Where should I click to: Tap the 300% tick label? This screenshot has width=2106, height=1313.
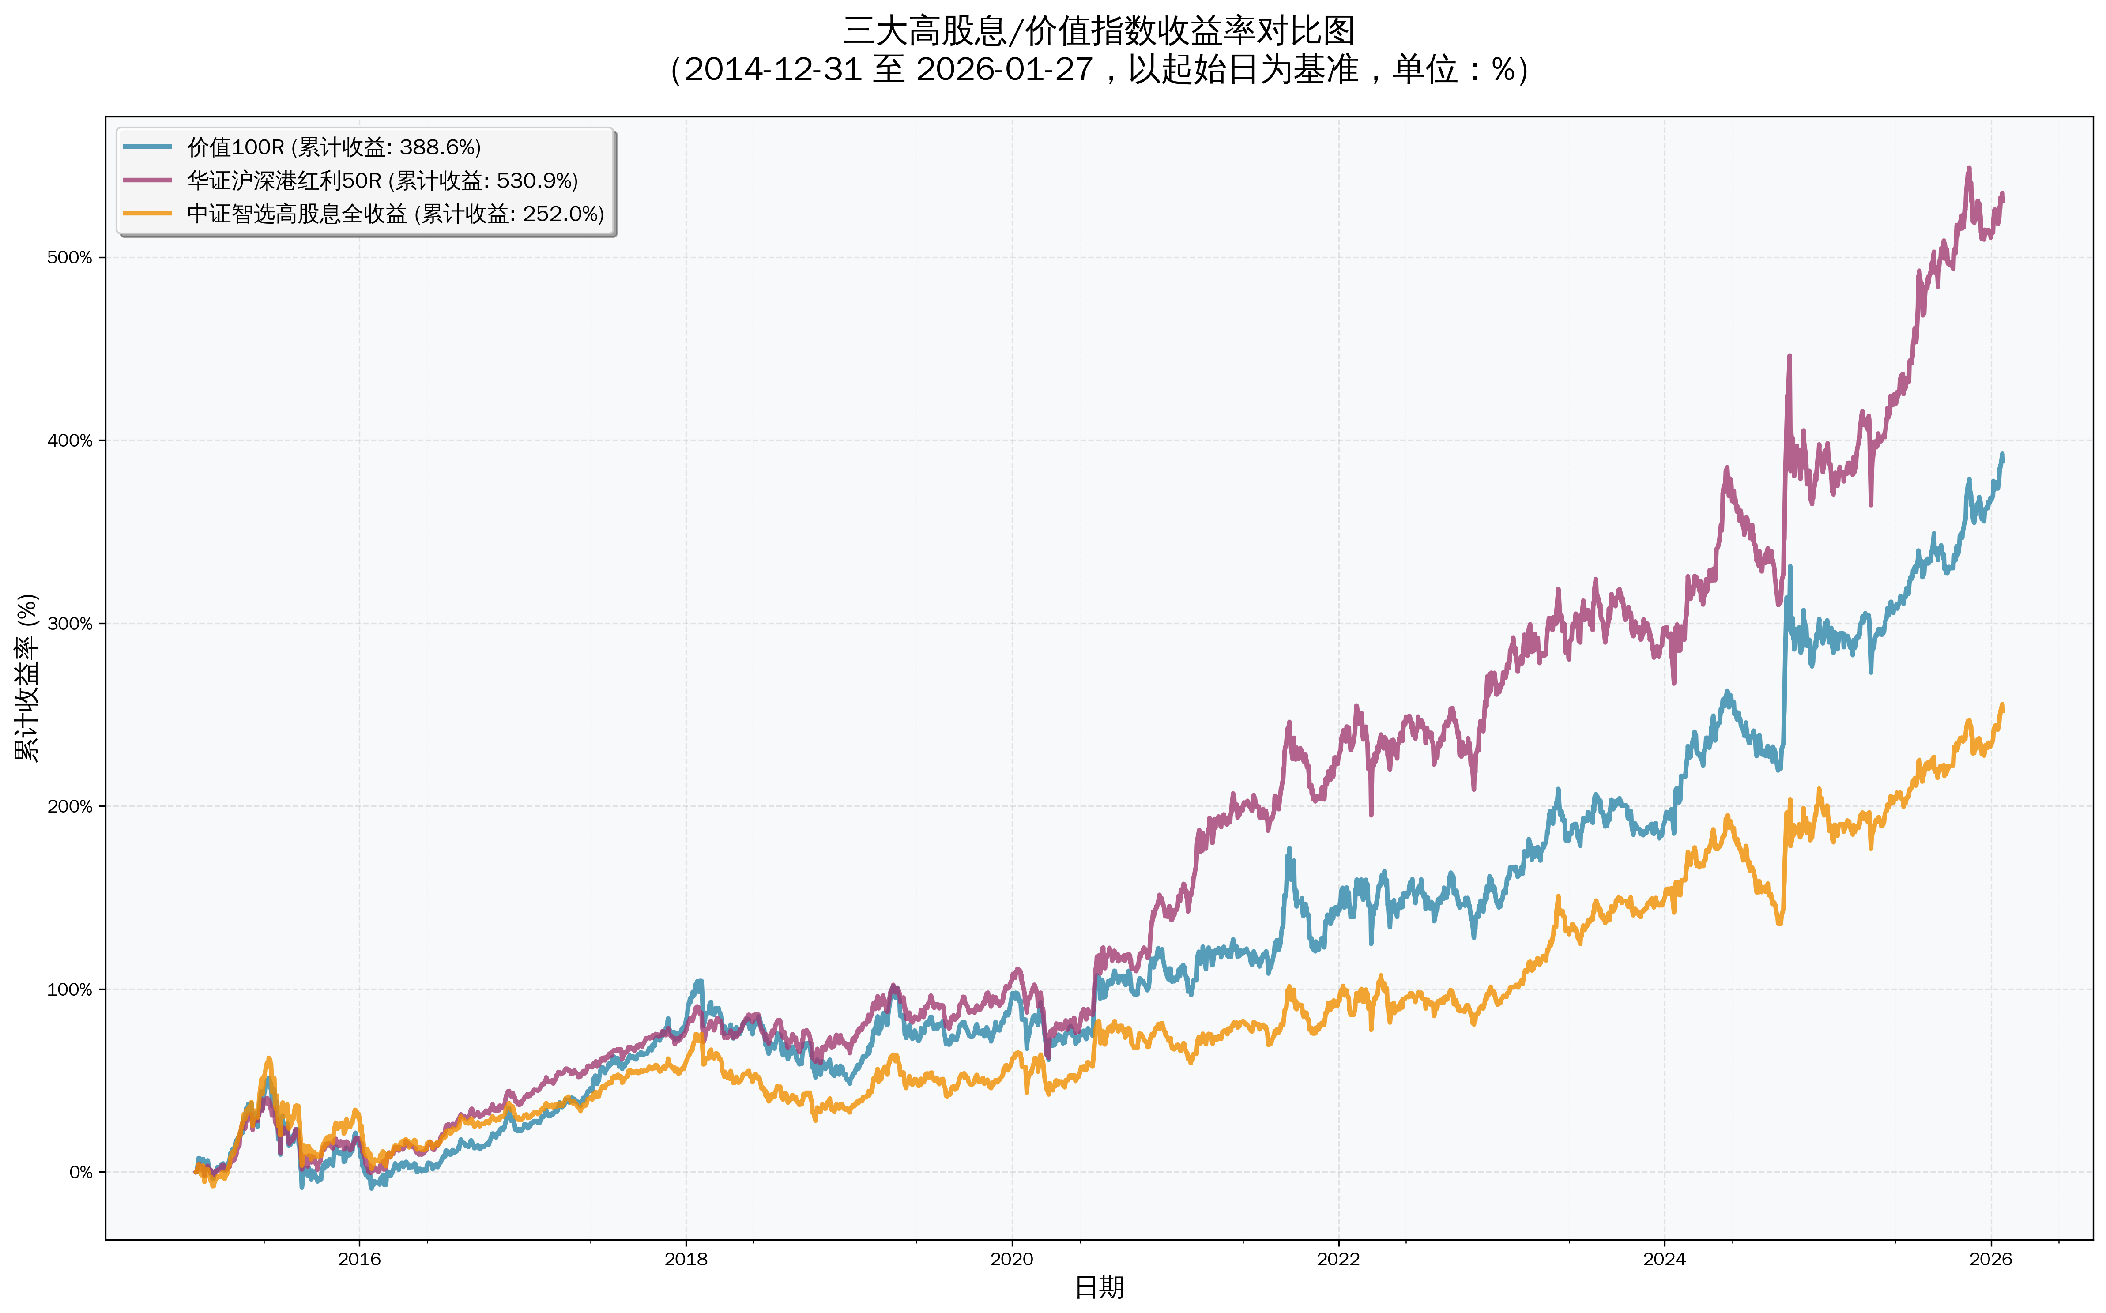pyautogui.click(x=69, y=624)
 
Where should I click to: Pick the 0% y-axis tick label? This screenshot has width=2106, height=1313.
pyautogui.click(x=81, y=1172)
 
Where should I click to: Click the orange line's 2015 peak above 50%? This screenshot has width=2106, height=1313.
pyautogui.click(x=269, y=1058)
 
